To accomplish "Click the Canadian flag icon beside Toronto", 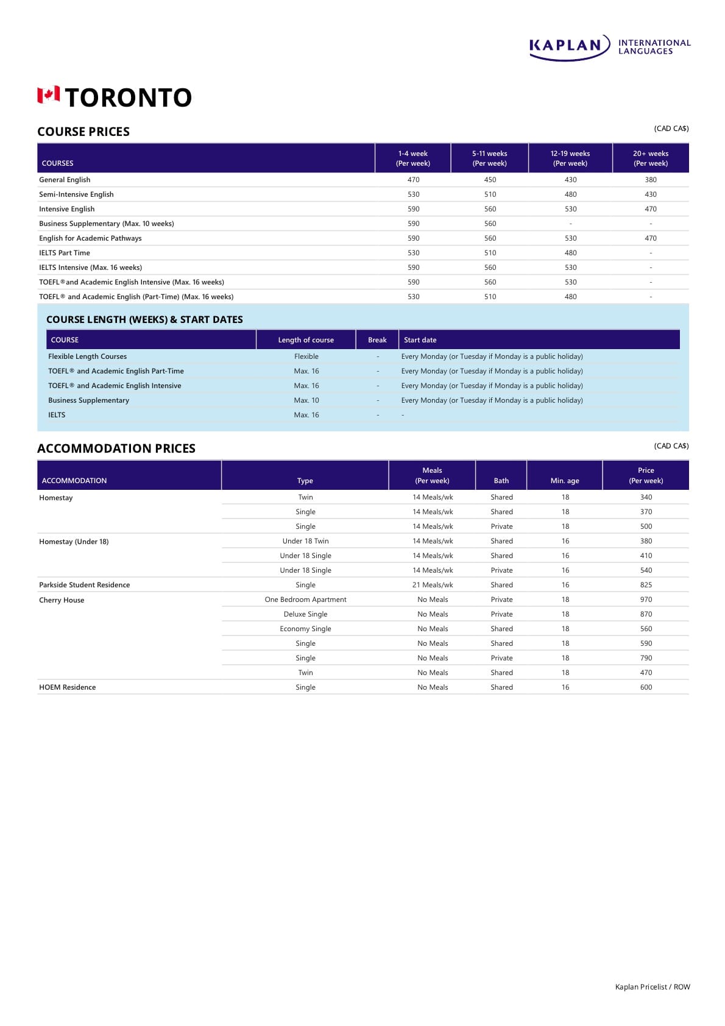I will (x=49, y=95).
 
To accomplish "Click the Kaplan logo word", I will (x=565, y=46).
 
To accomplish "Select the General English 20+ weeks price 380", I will (x=651, y=180).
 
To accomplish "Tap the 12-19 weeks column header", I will (x=570, y=158).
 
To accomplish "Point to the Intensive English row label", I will (x=67, y=209).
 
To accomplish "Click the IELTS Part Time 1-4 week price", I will (x=414, y=253).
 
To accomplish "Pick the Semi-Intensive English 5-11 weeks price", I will (x=490, y=194).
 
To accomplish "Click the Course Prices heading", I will (x=83, y=132).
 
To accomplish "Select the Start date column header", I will (x=420, y=340).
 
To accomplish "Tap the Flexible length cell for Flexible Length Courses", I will (x=306, y=356).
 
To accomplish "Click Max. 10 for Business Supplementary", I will (x=306, y=400).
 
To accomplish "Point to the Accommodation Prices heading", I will (x=116, y=448).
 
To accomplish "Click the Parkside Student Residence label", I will (x=85, y=585).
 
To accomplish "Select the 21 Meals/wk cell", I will (x=433, y=585).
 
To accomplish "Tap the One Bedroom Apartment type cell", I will (x=305, y=600).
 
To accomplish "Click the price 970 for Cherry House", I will (x=646, y=600).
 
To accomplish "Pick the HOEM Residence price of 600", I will (x=646, y=687).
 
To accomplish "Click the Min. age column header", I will (x=565, y=481).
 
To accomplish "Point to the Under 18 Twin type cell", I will (x=305, y=541).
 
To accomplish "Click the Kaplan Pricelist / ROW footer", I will (x=652, y=987).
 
